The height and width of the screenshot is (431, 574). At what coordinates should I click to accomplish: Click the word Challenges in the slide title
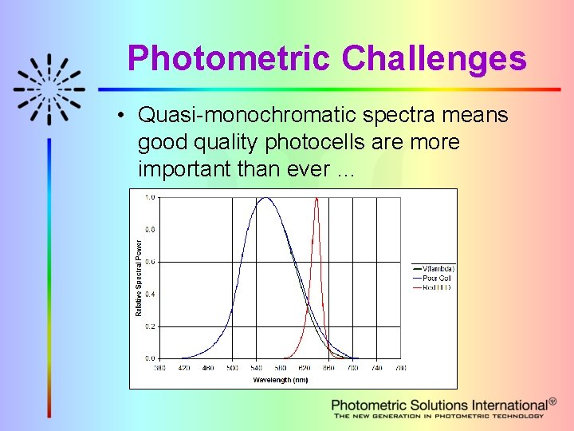pyautogui.click(x=434, y=59)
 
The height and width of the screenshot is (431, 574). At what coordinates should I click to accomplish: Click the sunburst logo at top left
pyautogui.click(x=49, y=89)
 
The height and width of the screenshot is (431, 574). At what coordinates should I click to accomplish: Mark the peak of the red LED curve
pyautogui.click(x=316, y=198)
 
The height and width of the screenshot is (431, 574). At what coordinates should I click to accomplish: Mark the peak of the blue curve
pyautogui.click(x=265, y=198)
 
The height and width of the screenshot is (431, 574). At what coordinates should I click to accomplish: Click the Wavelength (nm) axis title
pyautogui.click(x=280, y=380)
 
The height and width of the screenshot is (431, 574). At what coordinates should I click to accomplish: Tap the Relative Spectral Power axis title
pyautogui.click(x=139, y=278)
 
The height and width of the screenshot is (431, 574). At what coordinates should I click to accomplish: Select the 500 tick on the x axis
pyautogui.click(x=232, y=368)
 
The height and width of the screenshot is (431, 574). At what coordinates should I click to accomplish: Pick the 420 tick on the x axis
pyautogui.click(x=183, y=368)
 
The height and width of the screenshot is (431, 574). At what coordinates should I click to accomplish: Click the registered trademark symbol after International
pyautogui.click(x=552, y=401)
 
